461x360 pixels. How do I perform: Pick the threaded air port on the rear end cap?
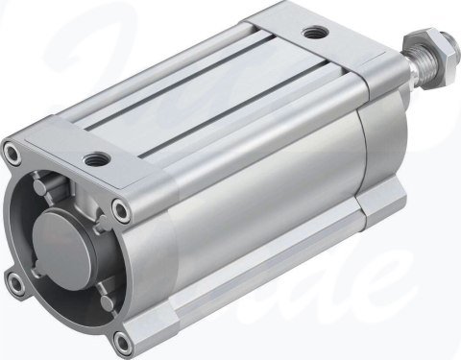(313, 34)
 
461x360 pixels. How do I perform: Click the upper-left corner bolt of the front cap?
(12, 152)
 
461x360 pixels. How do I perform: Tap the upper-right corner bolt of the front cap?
(119, 207)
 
